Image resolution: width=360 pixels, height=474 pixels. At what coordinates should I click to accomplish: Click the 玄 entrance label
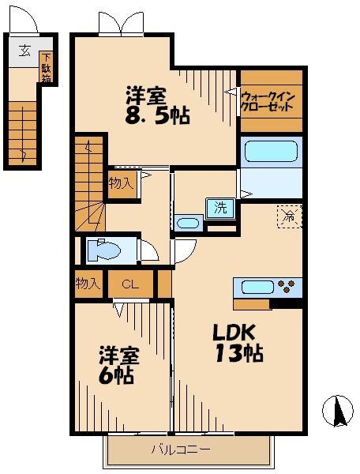[24, 51]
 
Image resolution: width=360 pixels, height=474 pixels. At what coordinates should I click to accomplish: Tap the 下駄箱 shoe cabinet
[47, 67]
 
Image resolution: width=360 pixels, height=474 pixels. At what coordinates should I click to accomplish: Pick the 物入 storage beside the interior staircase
[122, 183]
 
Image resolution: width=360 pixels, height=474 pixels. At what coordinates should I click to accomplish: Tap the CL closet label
[131, 284]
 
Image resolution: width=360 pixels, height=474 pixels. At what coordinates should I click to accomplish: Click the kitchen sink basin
[253, 287]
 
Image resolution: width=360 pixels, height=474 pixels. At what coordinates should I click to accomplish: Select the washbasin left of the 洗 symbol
[188, 224]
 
